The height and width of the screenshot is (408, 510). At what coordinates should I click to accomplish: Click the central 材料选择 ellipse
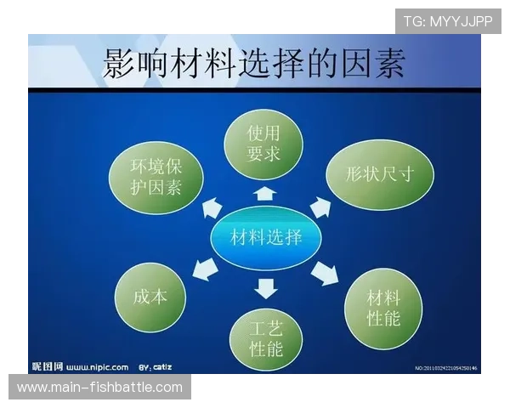[266, 237]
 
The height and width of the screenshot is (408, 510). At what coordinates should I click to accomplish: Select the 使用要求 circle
[263, 144]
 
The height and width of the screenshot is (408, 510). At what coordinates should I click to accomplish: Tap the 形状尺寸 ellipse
[380, 173]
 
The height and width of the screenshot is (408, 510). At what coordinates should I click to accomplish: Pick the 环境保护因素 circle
[156, 175]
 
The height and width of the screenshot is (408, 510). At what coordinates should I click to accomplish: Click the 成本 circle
[150, 297]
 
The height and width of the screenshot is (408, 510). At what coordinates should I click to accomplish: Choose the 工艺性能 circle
[266, 337]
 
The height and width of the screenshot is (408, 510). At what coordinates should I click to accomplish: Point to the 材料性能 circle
[382, 308]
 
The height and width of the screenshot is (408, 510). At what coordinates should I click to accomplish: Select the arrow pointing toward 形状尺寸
[320, 207]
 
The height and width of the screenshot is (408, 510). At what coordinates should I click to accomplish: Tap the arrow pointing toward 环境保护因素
[211, 208]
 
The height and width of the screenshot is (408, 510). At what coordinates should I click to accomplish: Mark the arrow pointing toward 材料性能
[325, 273]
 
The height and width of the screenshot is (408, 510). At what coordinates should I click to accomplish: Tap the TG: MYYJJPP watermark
[448, 21]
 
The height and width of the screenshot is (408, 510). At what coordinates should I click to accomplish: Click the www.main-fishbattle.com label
[100, 388]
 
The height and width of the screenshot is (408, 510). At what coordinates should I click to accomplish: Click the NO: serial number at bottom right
[445, 368]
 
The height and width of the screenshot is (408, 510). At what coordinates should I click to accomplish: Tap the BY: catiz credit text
[156, 367]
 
